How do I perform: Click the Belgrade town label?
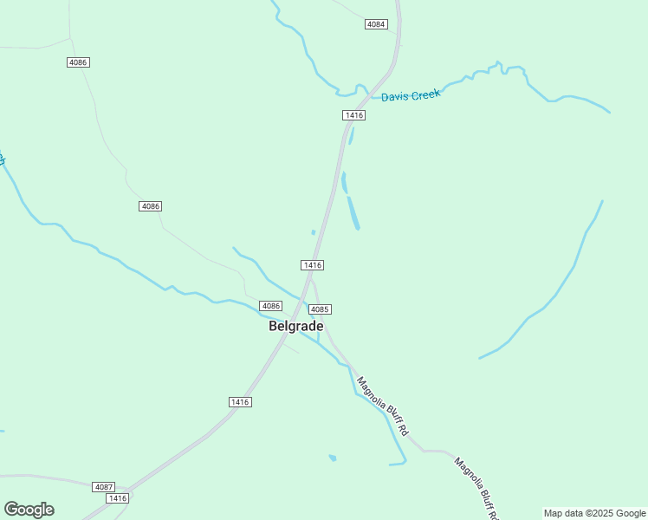tap(296, 327)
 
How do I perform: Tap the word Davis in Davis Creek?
tap(395, 96)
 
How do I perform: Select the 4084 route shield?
tap(376, 24)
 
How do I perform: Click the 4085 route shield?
tap(320, 309)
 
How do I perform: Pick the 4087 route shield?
tap(103, 487)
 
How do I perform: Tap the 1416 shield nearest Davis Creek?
tap(353, 115)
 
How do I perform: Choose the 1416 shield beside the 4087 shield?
tap(117, 498)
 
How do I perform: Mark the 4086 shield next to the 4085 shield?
tap(271, 306)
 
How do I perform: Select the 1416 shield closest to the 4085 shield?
tap(313, 264)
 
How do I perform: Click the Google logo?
tap(29, 510)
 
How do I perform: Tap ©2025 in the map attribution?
tap(601, 513)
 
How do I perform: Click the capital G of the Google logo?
tap(11, 510)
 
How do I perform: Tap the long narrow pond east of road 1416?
tap(353, 213)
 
